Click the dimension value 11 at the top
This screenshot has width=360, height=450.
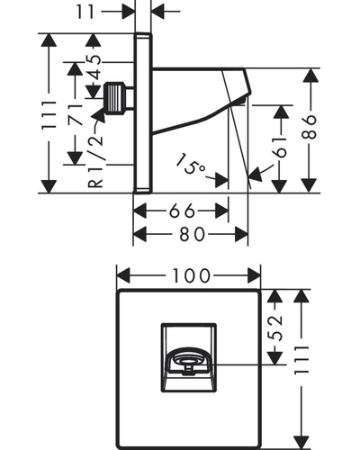click(x=85, y=12)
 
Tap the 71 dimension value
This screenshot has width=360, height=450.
click(x=75, y=114)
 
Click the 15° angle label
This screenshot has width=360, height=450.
click(x=191, y=165)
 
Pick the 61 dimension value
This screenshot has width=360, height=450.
click(x=281, y=148)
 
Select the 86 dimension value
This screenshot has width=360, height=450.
click(x=309, y=127)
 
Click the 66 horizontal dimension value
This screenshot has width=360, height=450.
click(x=182, y=211)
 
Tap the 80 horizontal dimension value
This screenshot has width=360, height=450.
click(x=192, y=234)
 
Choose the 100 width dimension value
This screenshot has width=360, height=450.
click(x=192, y=276)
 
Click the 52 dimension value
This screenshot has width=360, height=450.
click(x=275, y=328)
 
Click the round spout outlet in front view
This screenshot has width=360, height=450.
click(x=188, y=360)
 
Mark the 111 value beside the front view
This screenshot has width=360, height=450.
click(x=301, y=360)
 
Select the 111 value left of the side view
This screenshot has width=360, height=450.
click(x=49, y=115)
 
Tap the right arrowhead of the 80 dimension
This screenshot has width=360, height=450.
click(x=241, y=234)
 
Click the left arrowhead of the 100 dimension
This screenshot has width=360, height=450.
click(x=123, y=275)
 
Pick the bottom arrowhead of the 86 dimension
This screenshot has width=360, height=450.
click(x=309, y=185)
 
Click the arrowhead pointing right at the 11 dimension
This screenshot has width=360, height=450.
click(x=128, y=12)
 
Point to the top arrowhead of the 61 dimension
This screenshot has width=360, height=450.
click(x=281, y=112)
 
